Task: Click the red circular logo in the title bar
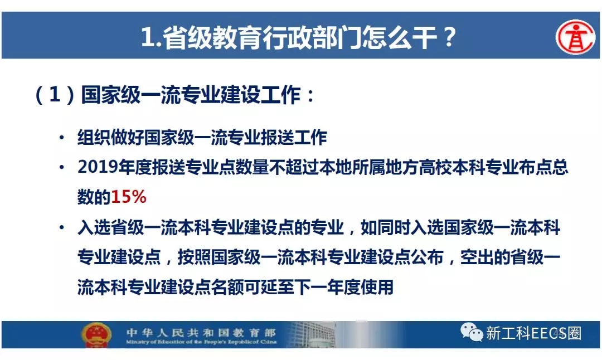(575, 37)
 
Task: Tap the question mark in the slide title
(449, 37)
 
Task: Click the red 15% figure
(129, 197)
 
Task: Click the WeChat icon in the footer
(472, 332)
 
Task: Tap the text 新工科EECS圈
(533, 333)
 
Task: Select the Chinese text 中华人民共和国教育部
(201, 332)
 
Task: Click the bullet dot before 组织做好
(62, 138)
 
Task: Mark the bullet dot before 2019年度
(62, 167)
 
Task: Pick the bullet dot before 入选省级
(62, 227)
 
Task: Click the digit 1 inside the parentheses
(55, 94)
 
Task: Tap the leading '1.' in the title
(151, 37)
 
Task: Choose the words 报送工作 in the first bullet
(294, 138)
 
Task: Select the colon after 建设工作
(310, 95)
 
